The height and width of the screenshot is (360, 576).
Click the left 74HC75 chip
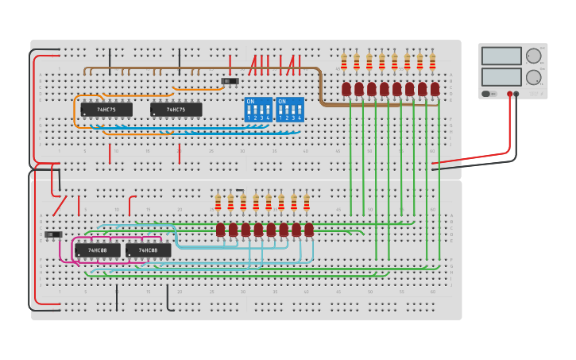click(106, 110)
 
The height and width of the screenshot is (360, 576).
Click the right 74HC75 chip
click(176, 110)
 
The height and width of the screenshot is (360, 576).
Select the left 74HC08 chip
click(98, 250)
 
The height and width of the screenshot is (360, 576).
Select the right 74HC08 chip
click(148, 250)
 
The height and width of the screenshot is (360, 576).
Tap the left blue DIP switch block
click(258, 110)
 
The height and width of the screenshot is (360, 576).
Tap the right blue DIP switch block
click(290, 110)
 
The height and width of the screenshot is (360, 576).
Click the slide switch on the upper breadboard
click(230, 81)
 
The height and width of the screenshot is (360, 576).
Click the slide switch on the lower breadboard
click(53, 234)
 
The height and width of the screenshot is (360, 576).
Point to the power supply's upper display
click(501, 56)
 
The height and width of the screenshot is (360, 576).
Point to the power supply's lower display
click(501, 77)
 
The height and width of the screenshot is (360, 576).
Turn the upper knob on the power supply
click(533, 56)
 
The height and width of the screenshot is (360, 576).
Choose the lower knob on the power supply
click(533, 77)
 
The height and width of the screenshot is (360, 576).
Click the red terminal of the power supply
click(510, 94)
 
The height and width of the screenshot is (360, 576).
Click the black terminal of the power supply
click(517, 94)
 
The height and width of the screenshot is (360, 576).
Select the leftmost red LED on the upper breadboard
click(346, 88)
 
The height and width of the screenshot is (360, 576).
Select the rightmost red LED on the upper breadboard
click(435, 88)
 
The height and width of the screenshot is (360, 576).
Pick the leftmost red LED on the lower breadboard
click(220, 229)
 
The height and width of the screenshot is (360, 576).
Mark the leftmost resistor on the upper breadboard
click(344, 61)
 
